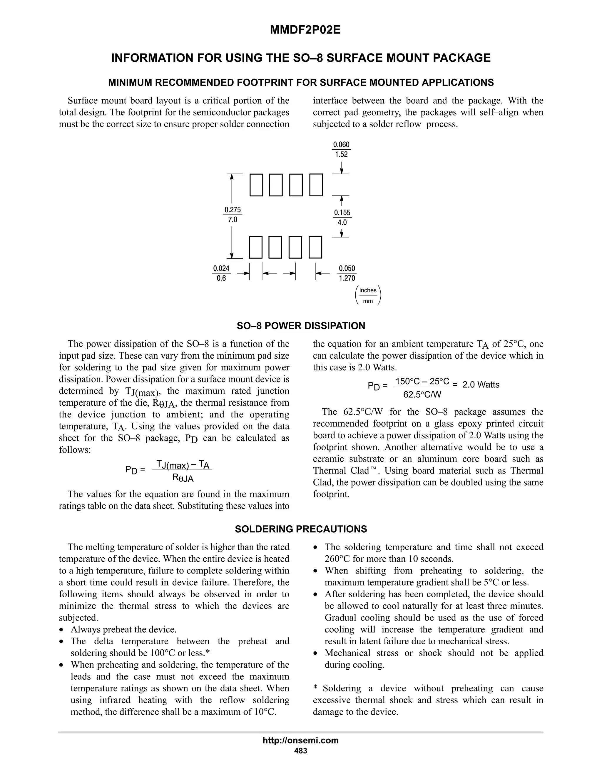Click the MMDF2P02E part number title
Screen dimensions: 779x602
pos(305,30)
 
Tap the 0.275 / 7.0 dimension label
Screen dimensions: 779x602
pos(232,215)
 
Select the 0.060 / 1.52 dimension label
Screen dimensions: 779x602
pos(341,149)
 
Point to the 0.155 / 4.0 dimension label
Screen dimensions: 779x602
pos(342,218)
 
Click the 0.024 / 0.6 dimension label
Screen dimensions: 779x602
pos(221,273)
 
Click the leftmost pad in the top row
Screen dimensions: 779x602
pos(256,185)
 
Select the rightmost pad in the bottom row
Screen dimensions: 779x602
pos(315,247)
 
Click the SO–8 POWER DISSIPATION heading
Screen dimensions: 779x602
pos(301,326)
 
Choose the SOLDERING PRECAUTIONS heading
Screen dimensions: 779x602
pos(301,529)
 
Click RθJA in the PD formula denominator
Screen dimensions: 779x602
pos(183,478)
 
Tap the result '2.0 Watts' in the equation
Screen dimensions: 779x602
pos(480,385)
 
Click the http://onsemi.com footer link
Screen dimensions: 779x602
pos(301,740)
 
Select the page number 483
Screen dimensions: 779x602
pos(301,751)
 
